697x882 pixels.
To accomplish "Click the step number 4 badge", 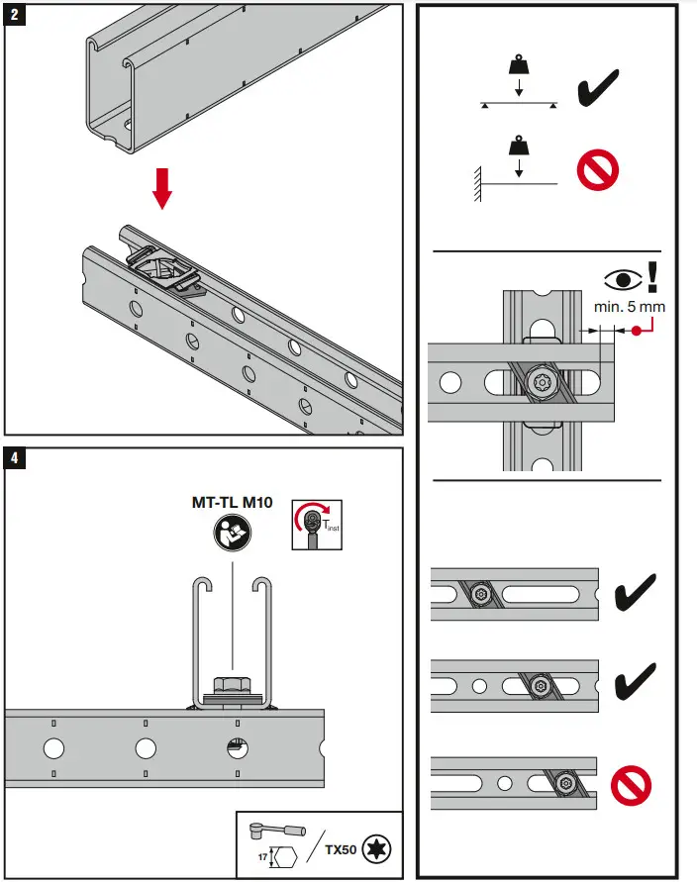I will pyautogui.click(x=15, y=457).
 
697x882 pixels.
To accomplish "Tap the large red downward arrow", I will pyautogui.click(x=163, y=188).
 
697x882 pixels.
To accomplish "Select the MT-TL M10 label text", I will pyautogui.click(x=232, y=502).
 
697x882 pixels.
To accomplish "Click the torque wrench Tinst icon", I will pyautogui.click(x=315, y=524).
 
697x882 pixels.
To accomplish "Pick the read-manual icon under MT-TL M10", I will pyautogui.click(x=232, y=534).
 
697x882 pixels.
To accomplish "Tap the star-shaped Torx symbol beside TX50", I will pyautogui.click(x=376, y=849).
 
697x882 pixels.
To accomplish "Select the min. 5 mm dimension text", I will pyautogui.click(x=629, y=307).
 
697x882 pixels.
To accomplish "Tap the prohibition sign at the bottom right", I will pyautogui.click(x=631, y=786).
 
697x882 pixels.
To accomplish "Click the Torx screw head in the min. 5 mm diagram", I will pyautogui.click(x=542, y=381).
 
